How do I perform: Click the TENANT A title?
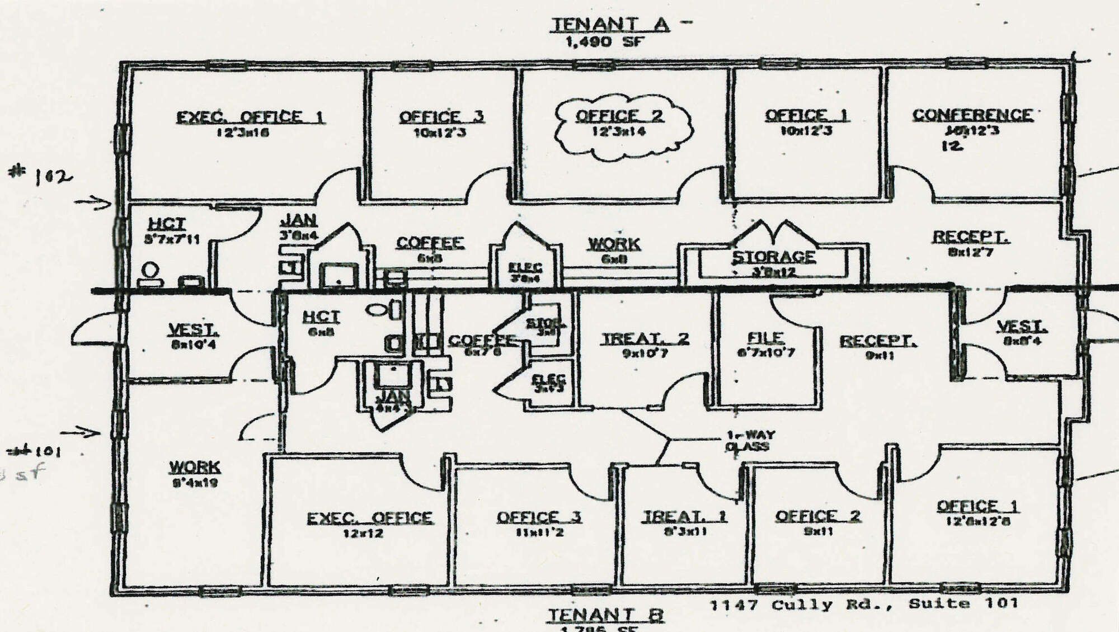click(610, 25)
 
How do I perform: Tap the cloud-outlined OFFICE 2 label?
click(619, 116)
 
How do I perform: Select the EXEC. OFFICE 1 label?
click(250, 117)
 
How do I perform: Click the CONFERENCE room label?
click(972, 115)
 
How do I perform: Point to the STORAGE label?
click(774, 257)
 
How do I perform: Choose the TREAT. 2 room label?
click(645, 339)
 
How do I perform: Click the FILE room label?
click(765, 338)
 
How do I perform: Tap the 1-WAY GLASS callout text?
click(750, 441)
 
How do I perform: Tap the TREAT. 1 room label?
click(684, 516)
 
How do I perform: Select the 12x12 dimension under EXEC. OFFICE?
click(363, 534)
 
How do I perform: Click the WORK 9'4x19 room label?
click(195, 467)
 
